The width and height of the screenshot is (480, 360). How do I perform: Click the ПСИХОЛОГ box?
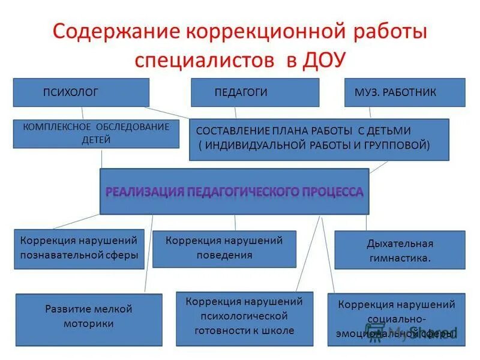[81, 92]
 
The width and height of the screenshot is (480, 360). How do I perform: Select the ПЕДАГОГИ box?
[255, 92]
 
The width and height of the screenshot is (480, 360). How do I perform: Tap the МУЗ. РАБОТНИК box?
[404, 92]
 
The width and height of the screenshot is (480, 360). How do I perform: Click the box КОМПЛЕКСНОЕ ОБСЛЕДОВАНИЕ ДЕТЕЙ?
[96, 133]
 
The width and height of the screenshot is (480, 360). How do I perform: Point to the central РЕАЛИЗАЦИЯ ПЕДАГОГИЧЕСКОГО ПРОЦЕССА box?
[234, 191]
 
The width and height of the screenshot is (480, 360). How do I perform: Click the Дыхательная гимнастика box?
[399, 250]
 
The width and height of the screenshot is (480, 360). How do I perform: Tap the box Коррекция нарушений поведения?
[224, 248]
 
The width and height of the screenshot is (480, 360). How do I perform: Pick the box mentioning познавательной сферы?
[79, 247]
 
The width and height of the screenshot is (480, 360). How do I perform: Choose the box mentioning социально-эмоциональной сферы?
[396, 319]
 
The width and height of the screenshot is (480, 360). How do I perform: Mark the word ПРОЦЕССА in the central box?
[333, 191]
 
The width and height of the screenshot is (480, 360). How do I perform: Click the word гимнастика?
[399, 259]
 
